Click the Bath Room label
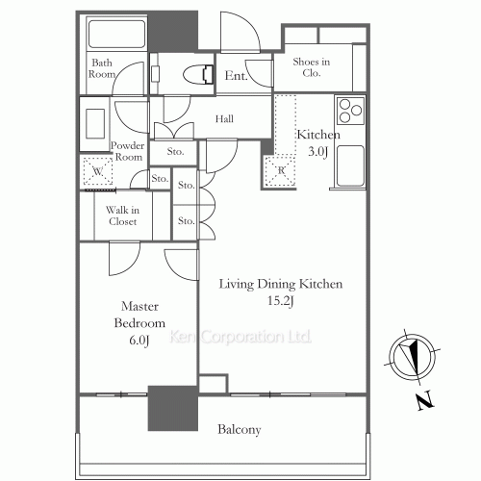point(102,67)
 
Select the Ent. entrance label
point(236,77)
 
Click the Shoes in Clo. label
point(311,67)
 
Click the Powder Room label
point(127,151)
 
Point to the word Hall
point(225,119)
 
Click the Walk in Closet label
point(122,215)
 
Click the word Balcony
point(239,429)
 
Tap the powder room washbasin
point(94,122)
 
